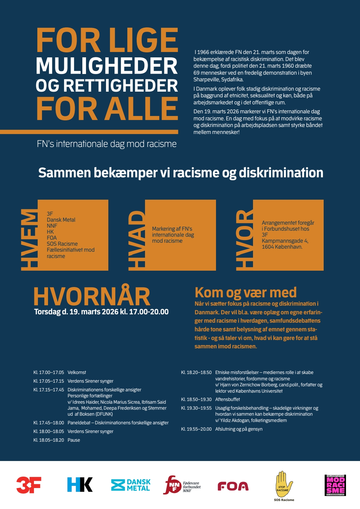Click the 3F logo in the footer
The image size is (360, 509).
pyautogui.click(x=29, y=485)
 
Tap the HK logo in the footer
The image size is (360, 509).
pyautogui.click(x=80, y=485)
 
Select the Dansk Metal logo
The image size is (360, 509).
pyautogui.click(x=131, y=485)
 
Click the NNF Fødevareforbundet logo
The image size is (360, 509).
pyautogui.click(x=182, y=485)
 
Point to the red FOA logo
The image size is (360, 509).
pyautogui.click(x=233, y=486)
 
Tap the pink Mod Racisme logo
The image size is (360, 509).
pyautogui.click(x=335, y=485)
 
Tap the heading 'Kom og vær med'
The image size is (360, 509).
pyautogui.click(x=245, y=293)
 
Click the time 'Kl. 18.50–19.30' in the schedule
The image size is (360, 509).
pyautogui.click(x=196, y=399)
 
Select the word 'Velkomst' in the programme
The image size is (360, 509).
pyautogui.click(x=77, y=372)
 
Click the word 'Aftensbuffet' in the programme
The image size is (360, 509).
pyautogui.click(x=227, y=399)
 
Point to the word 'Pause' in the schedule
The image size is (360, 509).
pyautogui.click(x=74, y=440)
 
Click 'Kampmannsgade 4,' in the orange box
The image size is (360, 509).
pyautogui.click(x=285, y=241)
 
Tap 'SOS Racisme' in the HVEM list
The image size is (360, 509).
pyautogui.click(x=62, y=244)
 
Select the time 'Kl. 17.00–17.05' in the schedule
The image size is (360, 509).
pyautogui.click(x=49, y=372)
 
